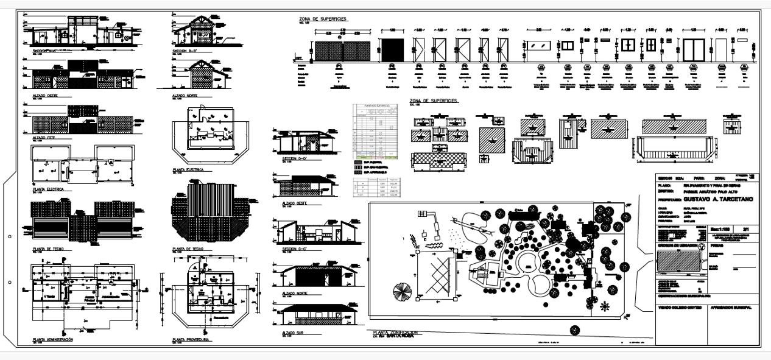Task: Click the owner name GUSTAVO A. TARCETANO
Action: point(718,199)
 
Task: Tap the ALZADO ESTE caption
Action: point(44,138)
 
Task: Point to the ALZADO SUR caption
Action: point(294,333)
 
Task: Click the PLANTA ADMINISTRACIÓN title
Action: point(53,339)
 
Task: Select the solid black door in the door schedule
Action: point(392,50)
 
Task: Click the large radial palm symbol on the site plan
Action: point(403,289)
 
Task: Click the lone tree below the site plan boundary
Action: point(574,330)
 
